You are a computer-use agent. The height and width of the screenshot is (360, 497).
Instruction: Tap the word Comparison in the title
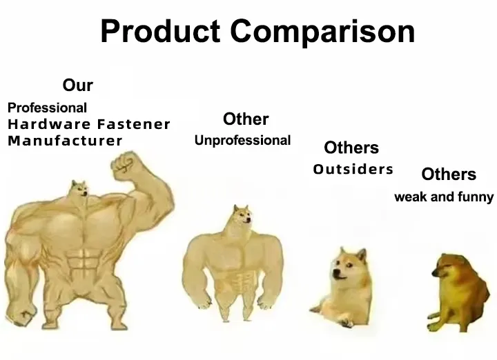[x=323, y=32]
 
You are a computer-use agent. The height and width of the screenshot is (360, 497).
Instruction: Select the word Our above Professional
[x=77, y=86]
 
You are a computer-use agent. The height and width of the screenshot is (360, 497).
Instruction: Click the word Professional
[x=47, y=108]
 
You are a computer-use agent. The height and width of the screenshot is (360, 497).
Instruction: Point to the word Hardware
[x=49, y=125]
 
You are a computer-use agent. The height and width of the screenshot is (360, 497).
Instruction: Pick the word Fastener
[x=134, y=125]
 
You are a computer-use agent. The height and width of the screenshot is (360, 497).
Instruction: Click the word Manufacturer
[x=65, y=141]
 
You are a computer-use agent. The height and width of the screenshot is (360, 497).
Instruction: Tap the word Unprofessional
[x=242, y=141]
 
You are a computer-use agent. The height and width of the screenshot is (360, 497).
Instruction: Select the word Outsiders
[x=353, y=169]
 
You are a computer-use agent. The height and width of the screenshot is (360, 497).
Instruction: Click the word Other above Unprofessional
[x=246, y=119]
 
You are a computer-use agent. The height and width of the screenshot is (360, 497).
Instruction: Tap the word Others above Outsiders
[x=351, y=148]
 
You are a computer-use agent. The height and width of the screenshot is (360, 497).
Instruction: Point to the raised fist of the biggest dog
[x=126, y=166]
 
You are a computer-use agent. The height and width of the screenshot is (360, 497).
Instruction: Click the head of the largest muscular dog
[x=80, y=188]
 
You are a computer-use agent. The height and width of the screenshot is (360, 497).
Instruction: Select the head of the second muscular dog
[x=241, y=217]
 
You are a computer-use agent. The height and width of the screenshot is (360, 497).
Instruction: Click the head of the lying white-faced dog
[x=347, y=266]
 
